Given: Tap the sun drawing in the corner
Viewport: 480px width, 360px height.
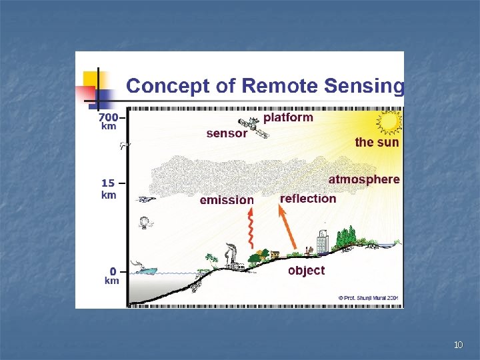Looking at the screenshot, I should tap(388, 122).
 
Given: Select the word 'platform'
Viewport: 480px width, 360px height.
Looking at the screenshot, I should tap(288, 117).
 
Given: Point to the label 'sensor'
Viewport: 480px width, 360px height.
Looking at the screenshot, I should tap(227, 133).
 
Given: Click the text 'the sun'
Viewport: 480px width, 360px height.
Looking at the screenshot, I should tap(377, 142).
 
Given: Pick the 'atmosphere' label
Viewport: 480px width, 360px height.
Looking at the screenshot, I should tap(364, 179).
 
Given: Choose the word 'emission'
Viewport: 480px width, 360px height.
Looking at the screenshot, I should tap(227, 200).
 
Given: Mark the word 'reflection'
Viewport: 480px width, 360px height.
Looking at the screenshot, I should tap(308, 199).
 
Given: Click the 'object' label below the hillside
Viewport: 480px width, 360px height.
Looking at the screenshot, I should tap(306, 271).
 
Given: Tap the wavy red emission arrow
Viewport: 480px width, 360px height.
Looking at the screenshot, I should tap(251, 227).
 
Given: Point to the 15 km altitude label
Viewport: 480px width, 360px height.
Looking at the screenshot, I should tap(109, 189).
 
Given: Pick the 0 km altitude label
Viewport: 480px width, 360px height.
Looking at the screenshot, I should tap(112, 276).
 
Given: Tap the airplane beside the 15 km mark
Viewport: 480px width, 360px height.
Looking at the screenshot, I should tap(145, 199).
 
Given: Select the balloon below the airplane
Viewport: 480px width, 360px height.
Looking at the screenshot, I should tap(143, 223).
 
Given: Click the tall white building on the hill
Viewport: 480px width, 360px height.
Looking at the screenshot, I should tap(323, 242).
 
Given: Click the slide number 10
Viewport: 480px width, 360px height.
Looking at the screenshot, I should tap(457, 345).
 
